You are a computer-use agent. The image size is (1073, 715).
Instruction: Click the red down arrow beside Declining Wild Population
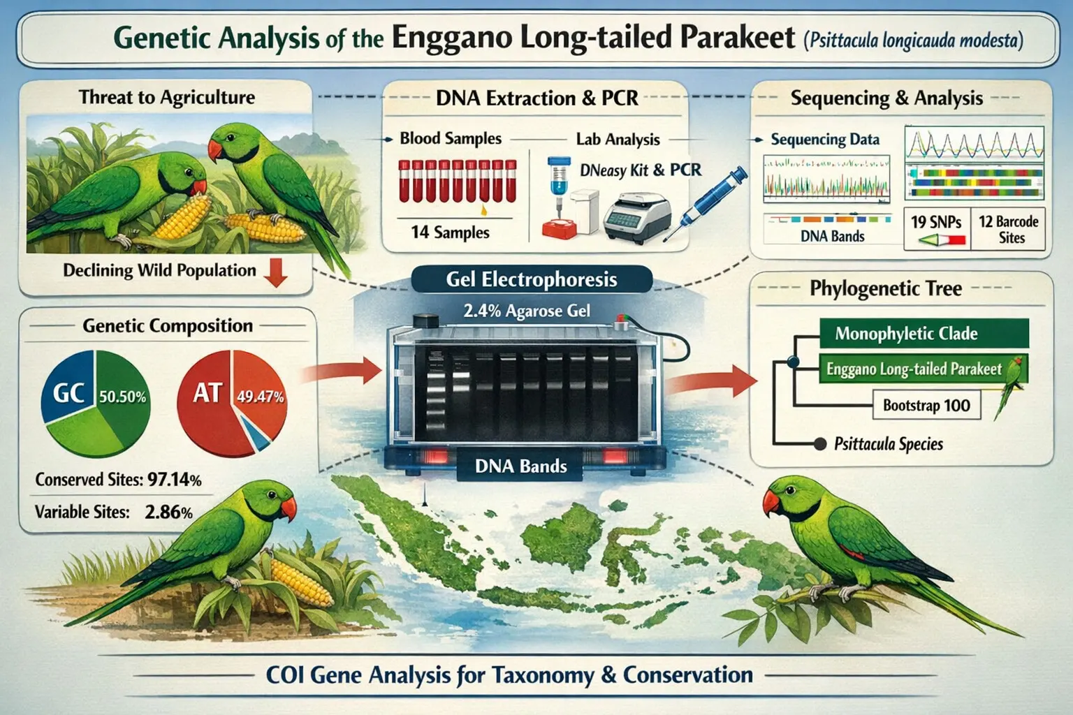coord(277,272)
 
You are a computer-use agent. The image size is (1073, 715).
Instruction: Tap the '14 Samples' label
coord(451,233)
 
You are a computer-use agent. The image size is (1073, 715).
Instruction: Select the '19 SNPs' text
coord(936,222)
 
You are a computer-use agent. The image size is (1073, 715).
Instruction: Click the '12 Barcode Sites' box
coord(1008,229)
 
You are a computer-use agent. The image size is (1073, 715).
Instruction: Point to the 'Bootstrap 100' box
coord(926,405)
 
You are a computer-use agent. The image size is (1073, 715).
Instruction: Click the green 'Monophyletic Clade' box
coord(924,333)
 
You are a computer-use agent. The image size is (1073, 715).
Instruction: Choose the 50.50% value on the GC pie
coord(123,397)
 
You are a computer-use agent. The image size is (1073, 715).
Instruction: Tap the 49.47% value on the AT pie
coord(260,397)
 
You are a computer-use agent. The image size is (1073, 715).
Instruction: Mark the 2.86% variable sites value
coord(168,513)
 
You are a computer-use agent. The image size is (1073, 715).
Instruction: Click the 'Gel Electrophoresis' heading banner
coord(531,279)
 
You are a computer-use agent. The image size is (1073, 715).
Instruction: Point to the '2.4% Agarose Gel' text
coord(527,311)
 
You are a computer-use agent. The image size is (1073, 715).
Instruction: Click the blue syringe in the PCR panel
coord(704,202)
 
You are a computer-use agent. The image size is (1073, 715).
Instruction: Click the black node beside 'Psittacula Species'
coord(820,444)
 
